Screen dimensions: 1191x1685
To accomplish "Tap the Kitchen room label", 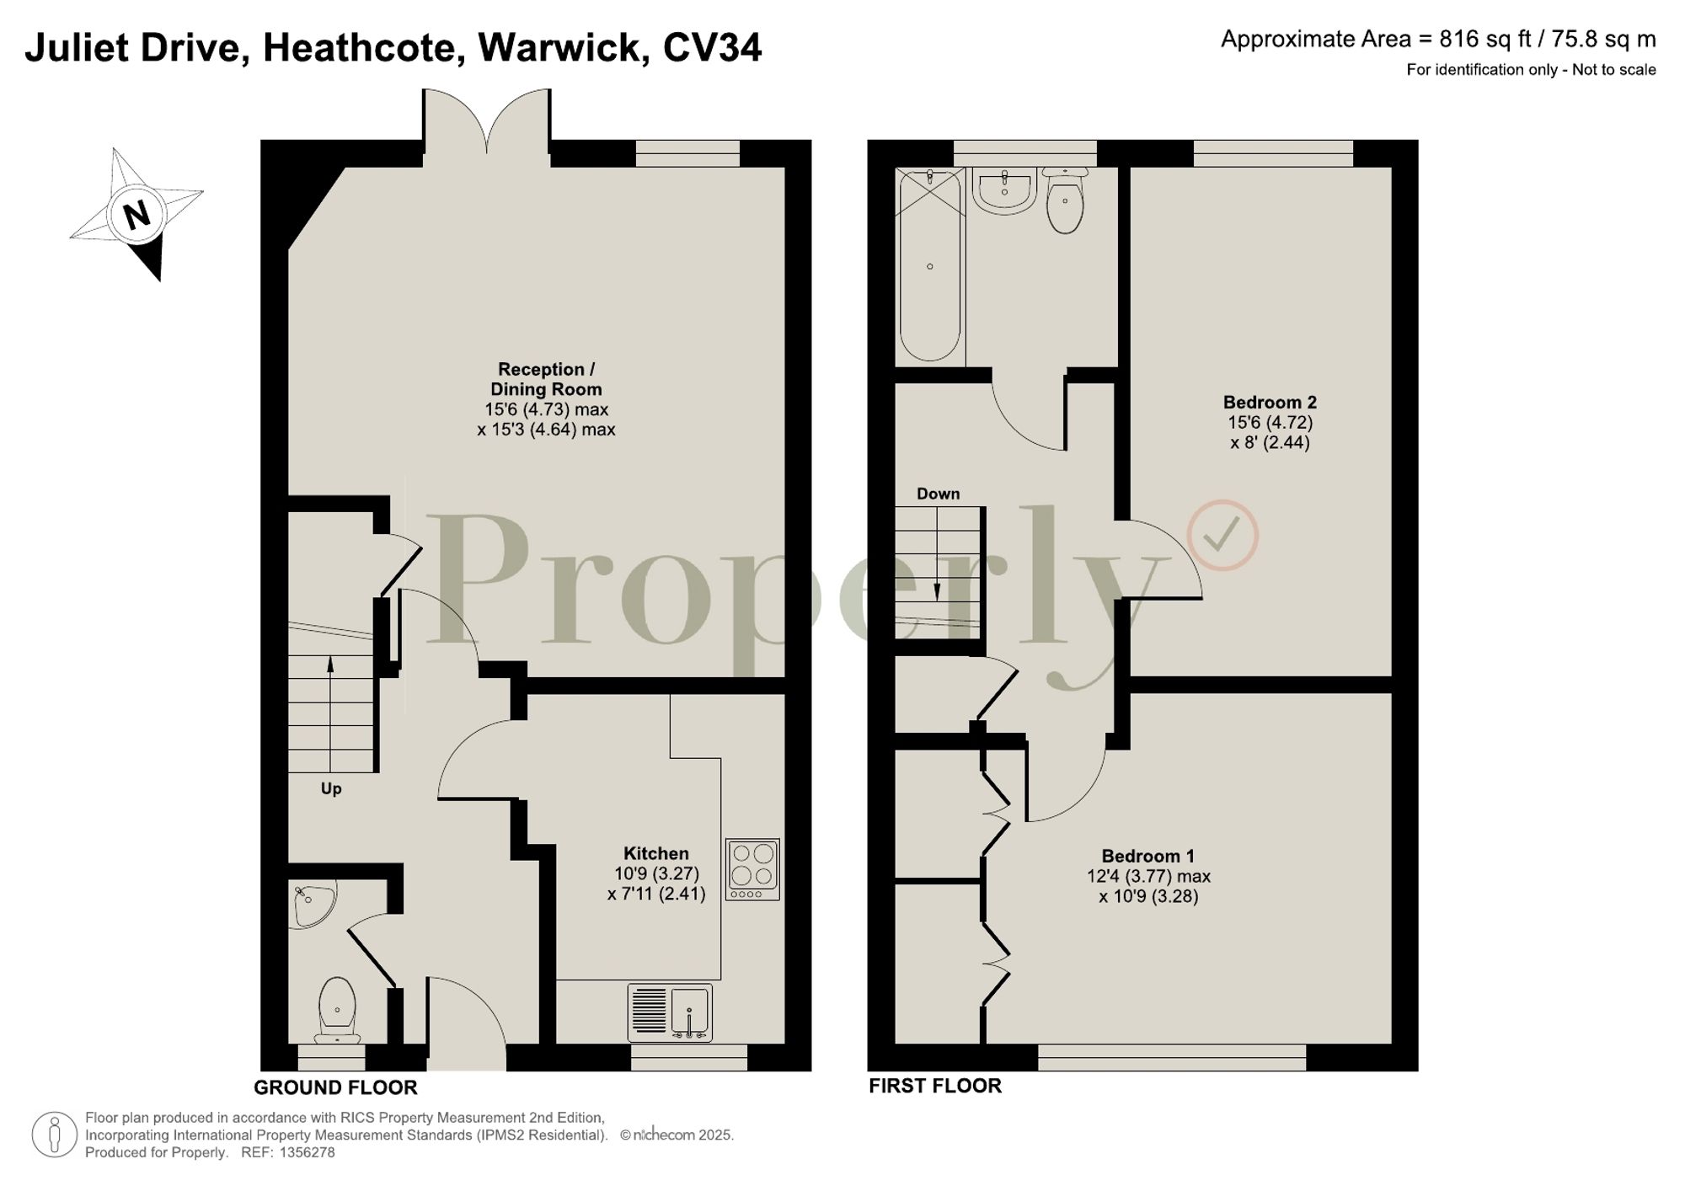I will pos(655,853).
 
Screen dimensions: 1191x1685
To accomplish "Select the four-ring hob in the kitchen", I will pos(752,869).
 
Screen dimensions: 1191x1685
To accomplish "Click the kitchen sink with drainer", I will pos(670,1012).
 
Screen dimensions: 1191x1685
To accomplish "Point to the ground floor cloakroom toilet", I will pos(337,1009).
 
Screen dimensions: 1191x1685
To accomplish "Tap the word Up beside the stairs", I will pos(331,789).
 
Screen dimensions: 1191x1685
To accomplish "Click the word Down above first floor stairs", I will pos(938,494).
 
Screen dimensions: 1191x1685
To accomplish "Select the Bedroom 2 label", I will pos(1270,403).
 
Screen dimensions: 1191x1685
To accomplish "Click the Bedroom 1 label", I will pos(1148,857).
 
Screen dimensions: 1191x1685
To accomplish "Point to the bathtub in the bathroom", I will pos(930,265).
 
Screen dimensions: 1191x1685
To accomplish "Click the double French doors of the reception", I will pos(487,122).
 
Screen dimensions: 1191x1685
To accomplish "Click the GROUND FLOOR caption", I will pos(335,1087).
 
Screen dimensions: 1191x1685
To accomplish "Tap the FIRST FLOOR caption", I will pos(935,1086).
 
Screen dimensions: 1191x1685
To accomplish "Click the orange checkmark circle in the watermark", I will pos(1222,536).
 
